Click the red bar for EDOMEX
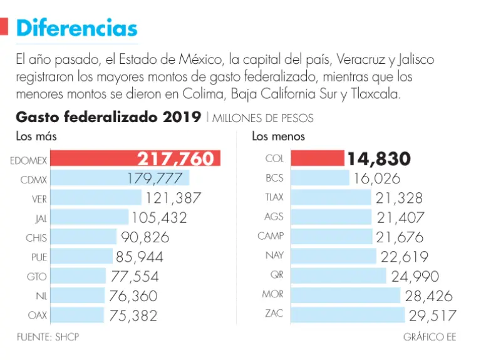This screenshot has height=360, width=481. coord(94,158)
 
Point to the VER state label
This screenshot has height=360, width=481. coord(39,198)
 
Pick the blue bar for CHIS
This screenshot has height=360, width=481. coord(83,237)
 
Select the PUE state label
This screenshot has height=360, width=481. coord(39,257)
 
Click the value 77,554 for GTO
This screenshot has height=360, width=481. coord(135,276)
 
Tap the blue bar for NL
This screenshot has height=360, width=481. coord(77,296)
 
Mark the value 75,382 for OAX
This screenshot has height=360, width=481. coord(133,316)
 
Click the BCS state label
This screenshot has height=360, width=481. coord(274,178)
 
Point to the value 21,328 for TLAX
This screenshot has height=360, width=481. coord(399,198)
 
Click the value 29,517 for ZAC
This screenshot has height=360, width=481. coord(433,316)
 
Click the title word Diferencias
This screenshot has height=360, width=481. coord(76,28)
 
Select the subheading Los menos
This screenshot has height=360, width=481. coord(279,136)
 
